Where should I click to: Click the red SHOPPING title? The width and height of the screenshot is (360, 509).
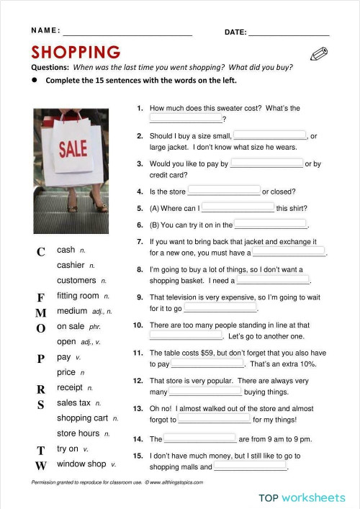click(76, 53)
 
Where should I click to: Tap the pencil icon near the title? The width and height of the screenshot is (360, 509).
click(318, 55)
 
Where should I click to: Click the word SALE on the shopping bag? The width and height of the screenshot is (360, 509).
click(73, 149)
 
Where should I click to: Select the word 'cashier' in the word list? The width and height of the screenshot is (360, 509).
click(71, 265)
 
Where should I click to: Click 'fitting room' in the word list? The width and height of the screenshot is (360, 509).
click(78, 296)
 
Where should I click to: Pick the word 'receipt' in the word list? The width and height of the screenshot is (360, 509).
click(70, 387)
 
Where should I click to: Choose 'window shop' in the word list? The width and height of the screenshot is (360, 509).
click(81, 464)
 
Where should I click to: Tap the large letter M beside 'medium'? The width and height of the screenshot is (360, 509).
click(41, 312)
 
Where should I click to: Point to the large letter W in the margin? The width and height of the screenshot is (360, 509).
click(41, 465)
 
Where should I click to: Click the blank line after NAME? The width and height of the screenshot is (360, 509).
click(127, 34)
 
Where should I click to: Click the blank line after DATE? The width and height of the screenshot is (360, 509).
click(289, 34)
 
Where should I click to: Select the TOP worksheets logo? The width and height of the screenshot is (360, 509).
click(302, 497)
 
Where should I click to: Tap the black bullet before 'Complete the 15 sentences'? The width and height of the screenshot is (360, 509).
click(35, 81)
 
